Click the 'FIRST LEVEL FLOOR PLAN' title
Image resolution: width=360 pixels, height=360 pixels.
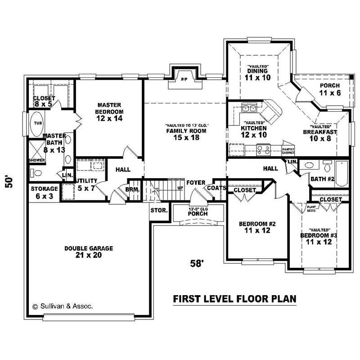tap(234, 299)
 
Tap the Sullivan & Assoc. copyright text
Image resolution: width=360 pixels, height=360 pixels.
tap(63, 306)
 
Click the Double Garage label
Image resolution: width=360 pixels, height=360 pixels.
tap(88, 252)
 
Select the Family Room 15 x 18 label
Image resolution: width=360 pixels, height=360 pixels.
tap(185, 134)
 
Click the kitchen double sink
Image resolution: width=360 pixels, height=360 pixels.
tap(249, 108)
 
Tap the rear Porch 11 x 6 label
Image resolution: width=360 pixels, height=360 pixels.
tap(330, 89)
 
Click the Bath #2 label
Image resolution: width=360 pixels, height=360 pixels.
tap(322, 179)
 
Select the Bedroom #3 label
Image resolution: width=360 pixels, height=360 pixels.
tap(319, 238)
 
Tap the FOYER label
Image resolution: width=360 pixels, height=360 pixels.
tap(196, 183)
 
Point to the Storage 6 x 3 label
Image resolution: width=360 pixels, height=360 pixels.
tap(44, 192)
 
